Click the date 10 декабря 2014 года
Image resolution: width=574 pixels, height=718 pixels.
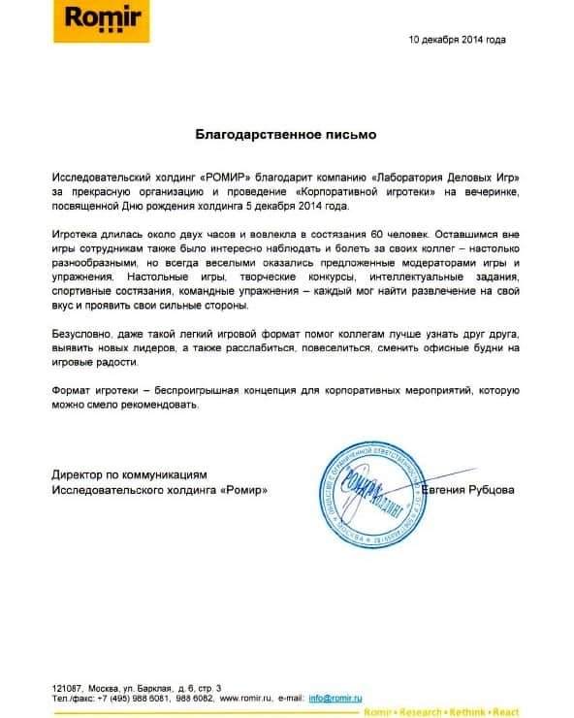(x=458, y=41)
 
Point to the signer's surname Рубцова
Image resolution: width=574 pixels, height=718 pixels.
(x=490, y=490)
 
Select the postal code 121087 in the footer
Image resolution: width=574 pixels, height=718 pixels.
(x=67, y=687)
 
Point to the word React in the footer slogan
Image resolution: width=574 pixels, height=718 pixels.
(x=504, y=712)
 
